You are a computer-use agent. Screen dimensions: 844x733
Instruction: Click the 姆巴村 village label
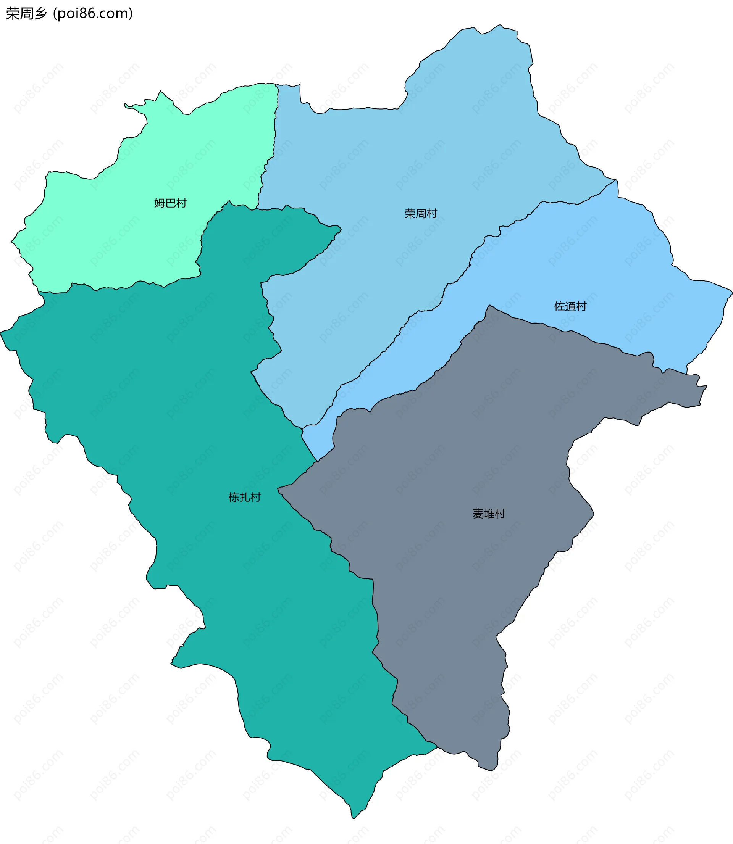pyautogui.click(x=170, y=203)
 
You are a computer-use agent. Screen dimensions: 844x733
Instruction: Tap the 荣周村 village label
pyautogui.click(x=421, y=213)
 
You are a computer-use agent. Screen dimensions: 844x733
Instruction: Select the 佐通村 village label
pyautogui.click(x=570, y=306)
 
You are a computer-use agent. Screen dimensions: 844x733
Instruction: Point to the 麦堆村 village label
pyautogui.click(x=489, y=514)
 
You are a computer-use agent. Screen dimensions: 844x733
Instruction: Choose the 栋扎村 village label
pyautogui.click(x=245, y=498)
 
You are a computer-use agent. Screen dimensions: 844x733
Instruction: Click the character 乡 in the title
pyautogui.click(x=41, y=13)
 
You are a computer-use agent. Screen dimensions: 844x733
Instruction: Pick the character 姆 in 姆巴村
pyautogui.click(x=160, y=203)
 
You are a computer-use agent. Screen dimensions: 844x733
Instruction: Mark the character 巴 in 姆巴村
pyautogui.click(x=170, y=203)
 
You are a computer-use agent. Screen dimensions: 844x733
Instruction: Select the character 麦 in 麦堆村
pyautogui.click(x=478, y=514)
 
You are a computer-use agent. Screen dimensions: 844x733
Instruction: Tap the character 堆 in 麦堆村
pyautogui.click(x=489, y=514)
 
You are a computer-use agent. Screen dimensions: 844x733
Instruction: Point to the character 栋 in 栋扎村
pyautogui.click(x=234, y=498)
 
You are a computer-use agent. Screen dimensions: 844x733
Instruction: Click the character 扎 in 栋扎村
pyautogui.click(x=245, y=498)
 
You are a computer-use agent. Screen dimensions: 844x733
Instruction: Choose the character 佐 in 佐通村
pyautogui.click(x=560, y=306)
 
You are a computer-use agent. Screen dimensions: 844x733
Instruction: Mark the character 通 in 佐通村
pyautogui.click(x=570, y=306)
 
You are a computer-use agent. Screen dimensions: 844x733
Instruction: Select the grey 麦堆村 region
pyautogui.click(x=450, y=470)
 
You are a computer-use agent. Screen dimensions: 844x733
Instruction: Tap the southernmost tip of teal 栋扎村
pyautogui.click(x=353, y=818)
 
